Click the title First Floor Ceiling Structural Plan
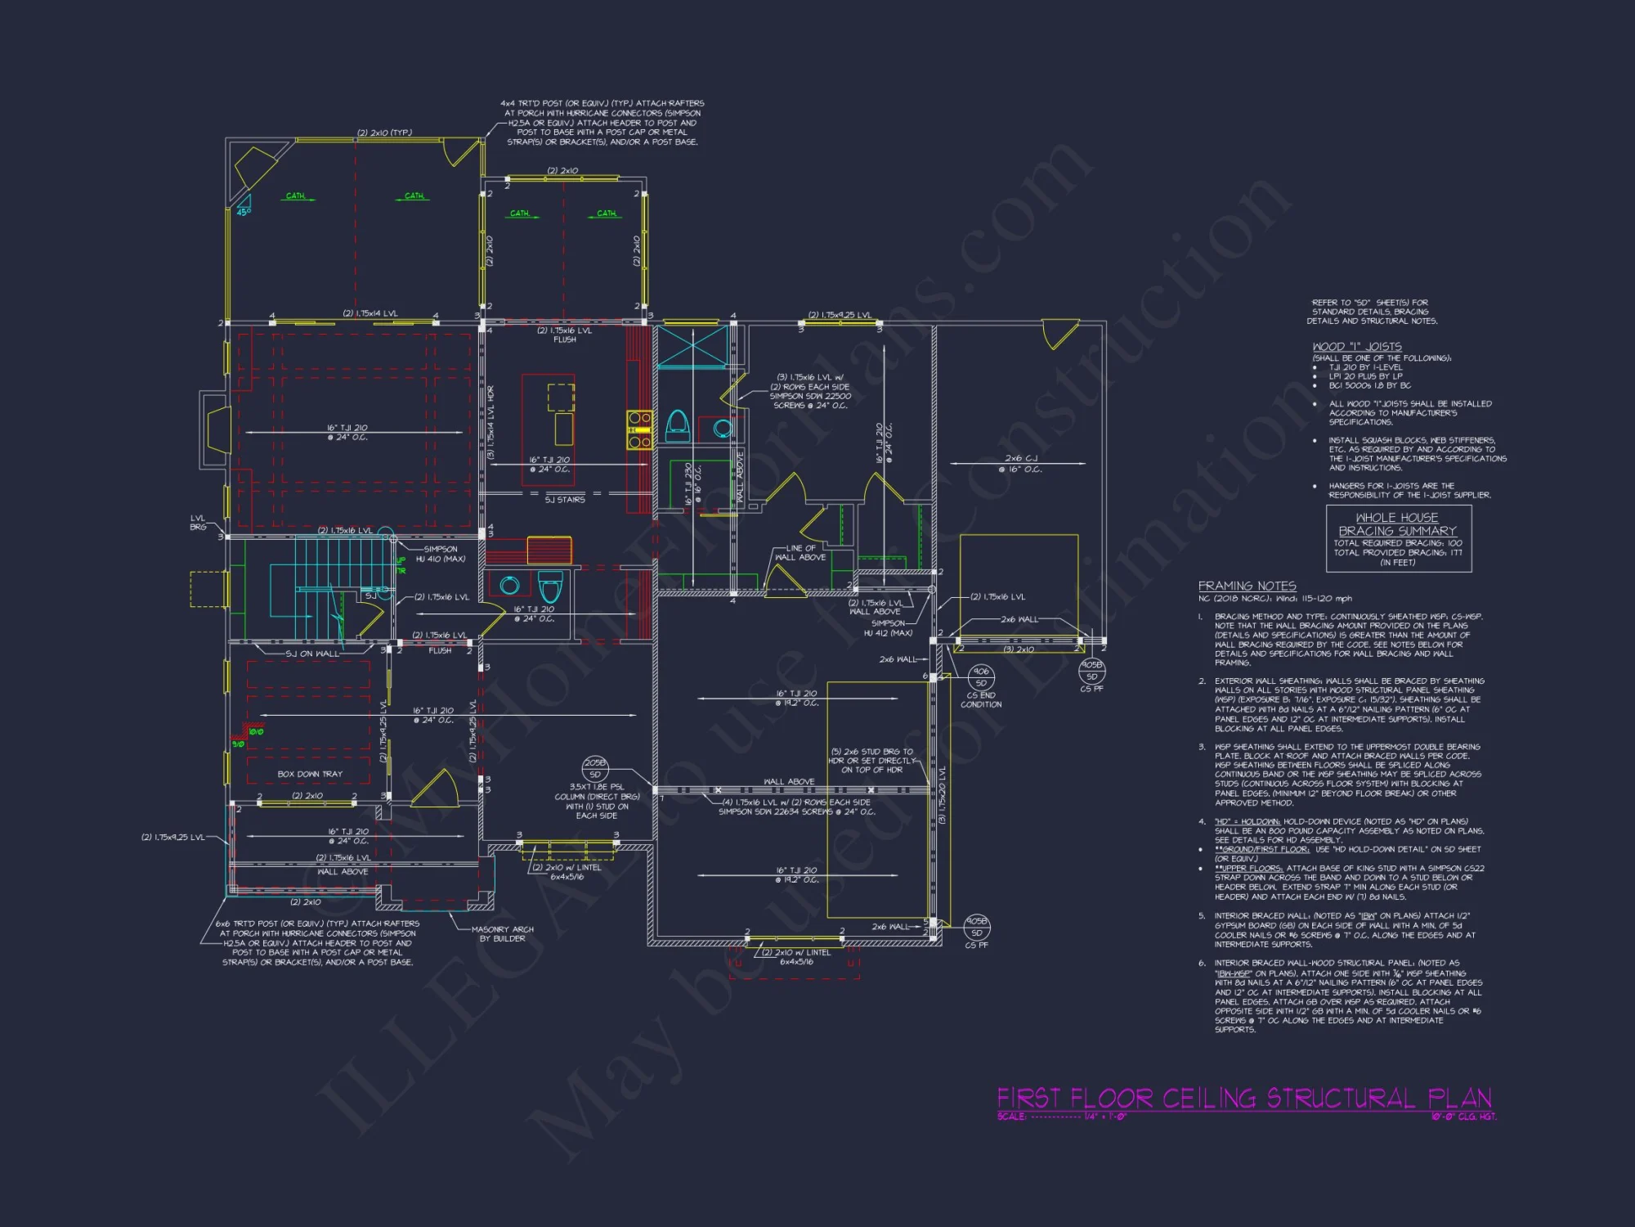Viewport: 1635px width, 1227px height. pyautogui.click(x=1243, y=1098)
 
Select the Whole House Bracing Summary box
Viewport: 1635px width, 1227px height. pyautogui.click(x=1398, y=538)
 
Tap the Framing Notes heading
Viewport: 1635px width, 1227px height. pyautogui.click(x=1247, y=586)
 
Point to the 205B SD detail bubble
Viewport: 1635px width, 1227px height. pyautogui.click(x=594, y=768)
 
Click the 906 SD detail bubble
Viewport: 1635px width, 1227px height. pyautogui.click(x=980, y=676)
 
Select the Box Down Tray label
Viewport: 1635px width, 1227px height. pyautogui.click(x=310, y=774)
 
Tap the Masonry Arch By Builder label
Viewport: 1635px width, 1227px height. pyautogui.click(x=502, y=933)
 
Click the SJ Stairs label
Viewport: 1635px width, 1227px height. pyautogui.click(x=565, y=500)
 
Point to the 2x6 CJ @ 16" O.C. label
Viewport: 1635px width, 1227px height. pyautogui.click(x=1020, y=464)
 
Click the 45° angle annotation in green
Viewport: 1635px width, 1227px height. pyautogui.click(x=244, y=212)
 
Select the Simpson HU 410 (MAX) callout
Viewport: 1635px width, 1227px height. pyautogui.click(x=441, y=554)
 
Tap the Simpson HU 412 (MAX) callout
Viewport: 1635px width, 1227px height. pyautogui.click(x=888, y=628)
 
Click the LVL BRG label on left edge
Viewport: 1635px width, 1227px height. pyautogui.click(x=198, y=523)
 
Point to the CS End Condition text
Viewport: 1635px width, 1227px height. pyautogui.click(x=981, y=699)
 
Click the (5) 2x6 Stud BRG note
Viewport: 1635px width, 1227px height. pyautogui.click(x=871, y=760)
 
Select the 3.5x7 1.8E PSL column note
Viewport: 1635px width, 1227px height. pyautogui.click(x=596, y=801)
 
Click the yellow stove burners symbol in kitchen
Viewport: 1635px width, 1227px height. pyautogui.click(x=639, y=429)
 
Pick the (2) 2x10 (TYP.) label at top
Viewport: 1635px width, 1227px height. pyautogui.click(x=384, y=133)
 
